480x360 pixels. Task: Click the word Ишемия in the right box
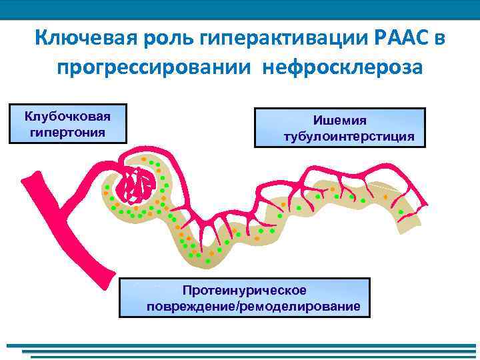click(340, 120)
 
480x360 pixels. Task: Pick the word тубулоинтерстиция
click(340, 137)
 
